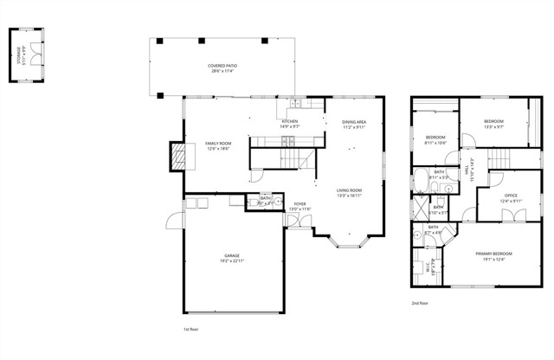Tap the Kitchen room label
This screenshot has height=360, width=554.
[289, 121]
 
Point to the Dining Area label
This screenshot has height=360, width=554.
[354, 122]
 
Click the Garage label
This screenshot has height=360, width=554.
[232, 256]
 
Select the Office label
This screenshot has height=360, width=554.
[511, 196]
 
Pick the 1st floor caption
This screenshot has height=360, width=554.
[191, 330]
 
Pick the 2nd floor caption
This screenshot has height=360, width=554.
[421, 303]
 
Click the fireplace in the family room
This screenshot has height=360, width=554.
[177, 156]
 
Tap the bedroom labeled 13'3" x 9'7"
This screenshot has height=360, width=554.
[493, 121]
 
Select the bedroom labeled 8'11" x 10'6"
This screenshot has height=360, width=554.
[435, 138]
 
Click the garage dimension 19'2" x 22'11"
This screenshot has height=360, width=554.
[232, 260]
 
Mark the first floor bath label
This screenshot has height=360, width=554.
[265, 200]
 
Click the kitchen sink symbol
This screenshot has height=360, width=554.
[296, 103]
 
